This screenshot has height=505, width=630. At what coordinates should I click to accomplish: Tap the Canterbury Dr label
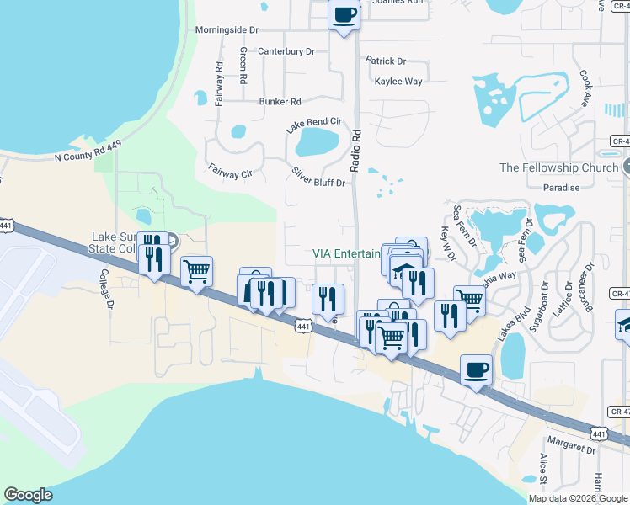point(286,51)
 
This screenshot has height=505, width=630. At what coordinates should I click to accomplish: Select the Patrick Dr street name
point(386,61)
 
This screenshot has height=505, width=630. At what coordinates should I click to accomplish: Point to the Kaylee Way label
point(398,82)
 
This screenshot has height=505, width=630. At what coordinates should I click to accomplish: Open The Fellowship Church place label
point(558,167)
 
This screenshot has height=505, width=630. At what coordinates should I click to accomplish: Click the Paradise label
point(562,188)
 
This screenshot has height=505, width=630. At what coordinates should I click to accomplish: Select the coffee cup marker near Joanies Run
point(344,15)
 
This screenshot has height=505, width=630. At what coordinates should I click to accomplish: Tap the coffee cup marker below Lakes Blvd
point(477,370)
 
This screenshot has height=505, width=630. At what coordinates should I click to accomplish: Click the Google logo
point(28,495)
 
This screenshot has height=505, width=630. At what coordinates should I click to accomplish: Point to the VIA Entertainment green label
point(346,253)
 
